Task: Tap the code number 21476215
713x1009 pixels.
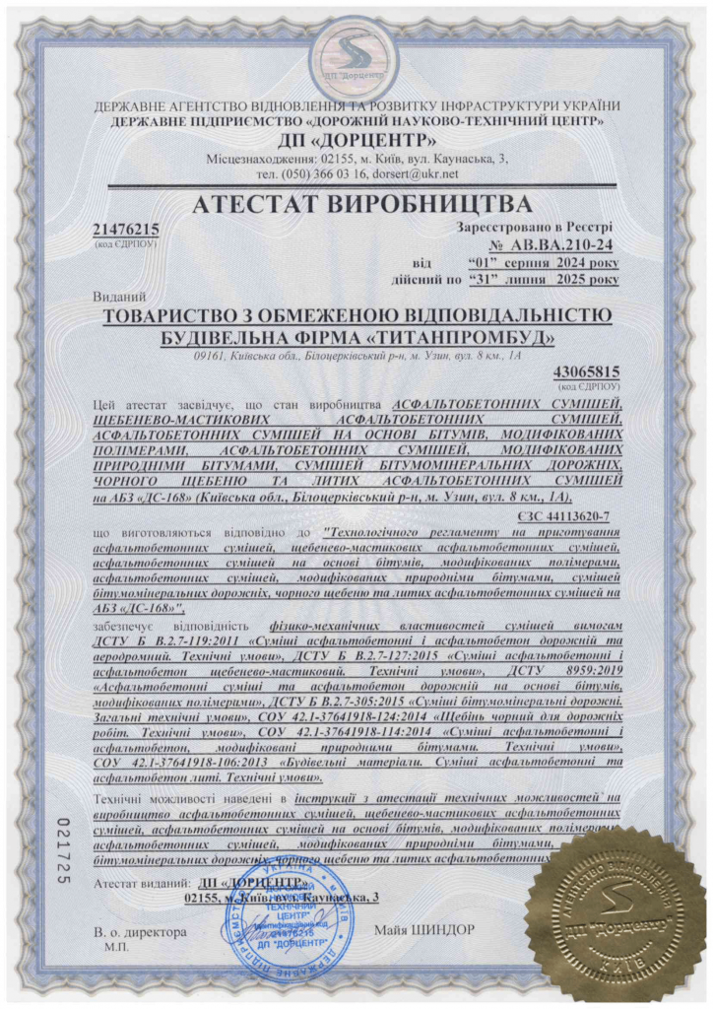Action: coord(125,230)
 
